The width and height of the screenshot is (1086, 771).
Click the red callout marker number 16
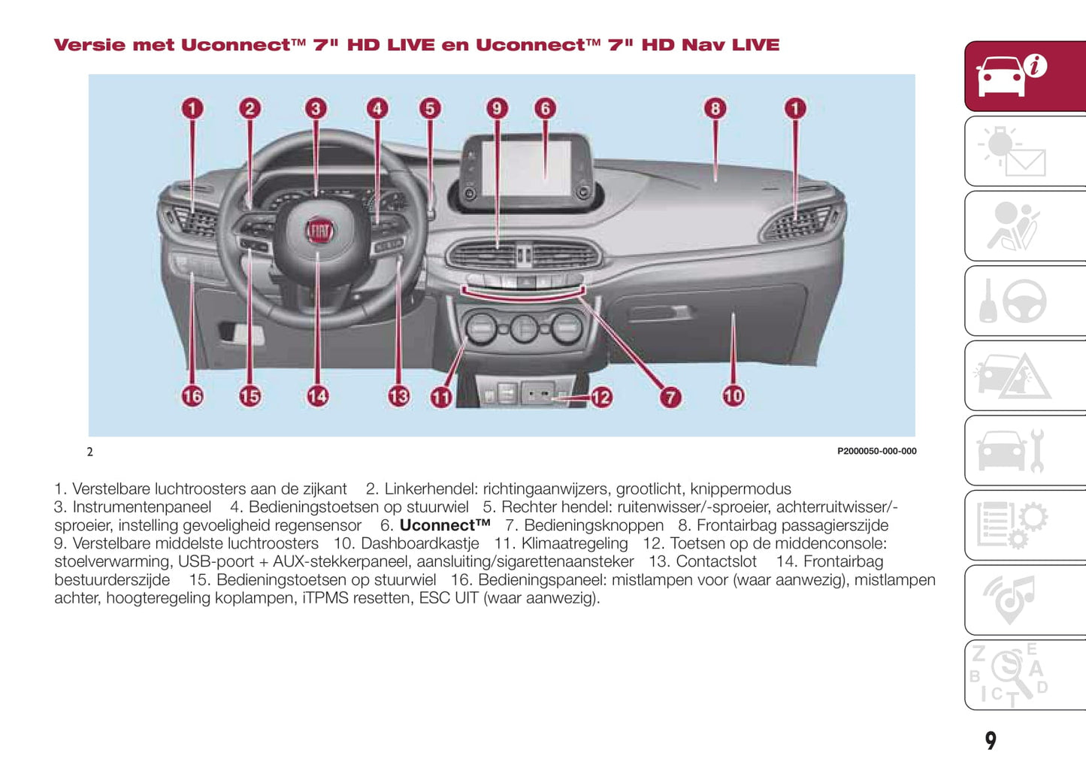tap(192, 395)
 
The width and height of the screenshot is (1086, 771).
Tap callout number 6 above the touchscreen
tap(546, 108)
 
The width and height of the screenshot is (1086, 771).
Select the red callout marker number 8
tap(715, 108)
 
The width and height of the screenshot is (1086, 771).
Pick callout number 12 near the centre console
tap(600, 397)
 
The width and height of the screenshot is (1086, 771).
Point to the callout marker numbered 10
tap(734, 395)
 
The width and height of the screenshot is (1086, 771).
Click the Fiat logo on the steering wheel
tap(319, 231)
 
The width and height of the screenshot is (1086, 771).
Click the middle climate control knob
tap(524, 328)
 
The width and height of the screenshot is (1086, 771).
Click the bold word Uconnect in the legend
tap(444, 525)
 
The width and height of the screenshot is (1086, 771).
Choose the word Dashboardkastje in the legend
tap(419, 543)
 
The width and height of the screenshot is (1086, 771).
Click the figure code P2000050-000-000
tap(876, 452)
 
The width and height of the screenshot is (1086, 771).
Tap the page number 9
tap(991, 741)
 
